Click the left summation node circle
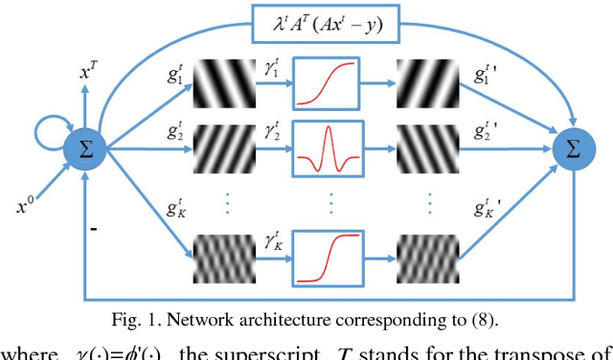coord(84,149)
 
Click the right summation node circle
coord(573,149)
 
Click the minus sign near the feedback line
coord(94,229)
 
